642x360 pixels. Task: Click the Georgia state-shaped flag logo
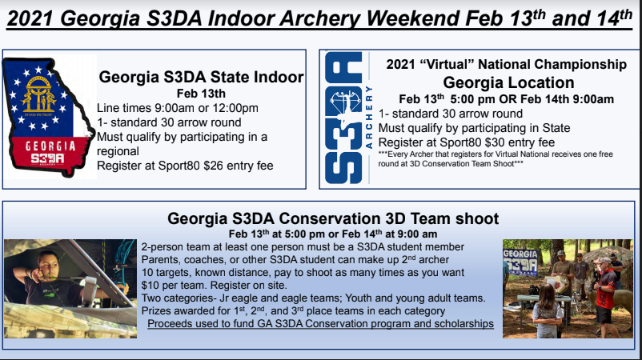[x=49, y=118]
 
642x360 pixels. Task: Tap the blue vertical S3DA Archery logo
[x=348, y=118]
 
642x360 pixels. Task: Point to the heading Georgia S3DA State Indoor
[x=201, y=77]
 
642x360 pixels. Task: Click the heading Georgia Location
[x=508, y=82]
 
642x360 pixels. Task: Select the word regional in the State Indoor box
[x=118, y=152]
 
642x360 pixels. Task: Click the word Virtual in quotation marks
[x=442, y=64]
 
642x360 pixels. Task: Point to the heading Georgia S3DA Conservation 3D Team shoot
[x=333, y=218]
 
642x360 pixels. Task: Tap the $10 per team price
[x=174, y=285]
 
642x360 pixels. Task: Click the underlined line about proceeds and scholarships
[x=320, y=323]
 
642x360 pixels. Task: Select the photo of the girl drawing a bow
[x=70, y=289]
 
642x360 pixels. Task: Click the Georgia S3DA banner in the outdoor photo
[x=520, y=262]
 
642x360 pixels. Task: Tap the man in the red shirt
[x=604, y=294]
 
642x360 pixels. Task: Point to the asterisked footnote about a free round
[x=496, y=158]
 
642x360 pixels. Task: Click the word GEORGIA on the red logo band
[x=50, y=146]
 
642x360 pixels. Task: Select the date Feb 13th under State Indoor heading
[x=201, y=94]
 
